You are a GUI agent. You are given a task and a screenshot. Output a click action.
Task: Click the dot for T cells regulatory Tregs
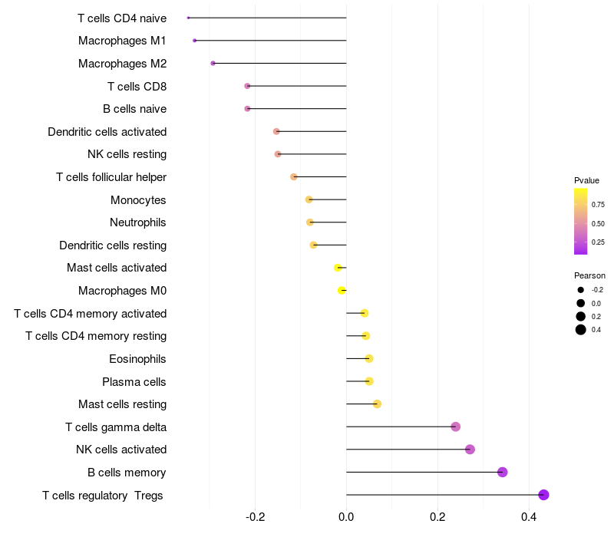tap(543, 495)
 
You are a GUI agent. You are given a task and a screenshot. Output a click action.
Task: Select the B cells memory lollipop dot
tap(503, 472)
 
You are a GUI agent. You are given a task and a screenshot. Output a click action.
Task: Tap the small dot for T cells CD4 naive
tap(188, 18)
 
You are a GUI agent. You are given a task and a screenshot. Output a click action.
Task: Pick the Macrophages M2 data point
tap(213, 64)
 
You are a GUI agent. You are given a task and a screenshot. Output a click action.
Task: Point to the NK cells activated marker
tap(470, 450)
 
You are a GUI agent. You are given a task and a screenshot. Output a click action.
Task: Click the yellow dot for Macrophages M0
tap(342, 291)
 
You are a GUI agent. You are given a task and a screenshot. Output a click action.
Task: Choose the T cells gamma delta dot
tap(455, 427)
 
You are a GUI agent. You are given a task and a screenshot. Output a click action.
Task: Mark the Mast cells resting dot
tap(377, 404)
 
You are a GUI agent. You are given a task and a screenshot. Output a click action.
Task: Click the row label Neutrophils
tap(138, 222)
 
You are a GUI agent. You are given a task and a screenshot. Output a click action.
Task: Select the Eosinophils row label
tap(137, 359)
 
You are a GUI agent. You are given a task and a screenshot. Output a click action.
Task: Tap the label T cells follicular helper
tap(111, 177)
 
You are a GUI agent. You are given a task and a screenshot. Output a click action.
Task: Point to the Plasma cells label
tap(134, 381)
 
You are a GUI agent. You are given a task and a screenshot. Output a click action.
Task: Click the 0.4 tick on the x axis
tap(529, 517)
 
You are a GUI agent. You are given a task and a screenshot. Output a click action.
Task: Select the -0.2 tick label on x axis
tap(255, 517)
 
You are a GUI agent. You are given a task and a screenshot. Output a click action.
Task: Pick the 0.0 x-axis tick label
tap(346, 517)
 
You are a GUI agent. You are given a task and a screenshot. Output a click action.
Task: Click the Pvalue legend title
tap(586, 180)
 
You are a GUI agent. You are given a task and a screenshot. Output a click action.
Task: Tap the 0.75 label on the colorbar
tap(598, 205)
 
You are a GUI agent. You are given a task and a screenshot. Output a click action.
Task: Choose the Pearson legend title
tap(589, 275)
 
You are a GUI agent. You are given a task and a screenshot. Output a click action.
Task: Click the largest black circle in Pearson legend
tap(581, 330)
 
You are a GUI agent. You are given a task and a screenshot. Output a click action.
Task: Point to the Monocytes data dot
tap(309, 199)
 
